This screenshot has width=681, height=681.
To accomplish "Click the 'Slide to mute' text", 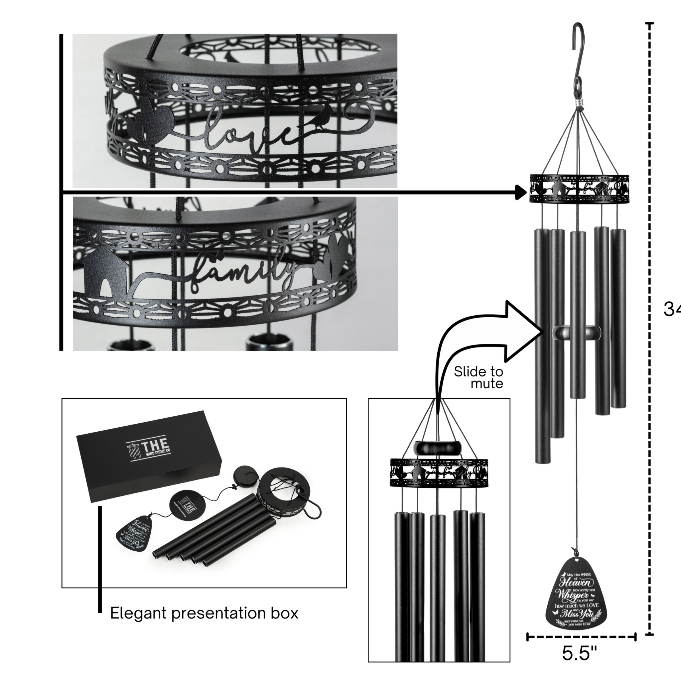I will click(x=479, y=377).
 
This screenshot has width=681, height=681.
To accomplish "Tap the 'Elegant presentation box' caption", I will click(x=204, y=613).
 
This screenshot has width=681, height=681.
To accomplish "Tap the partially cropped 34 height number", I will click(x=671, y=309).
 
